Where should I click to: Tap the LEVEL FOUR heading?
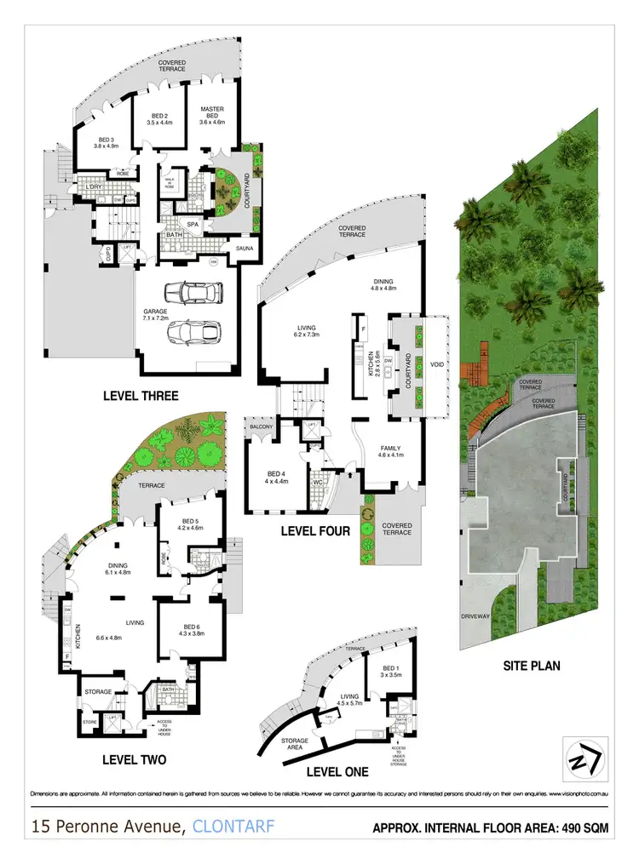point(314,531)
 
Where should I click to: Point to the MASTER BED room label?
point(211,114)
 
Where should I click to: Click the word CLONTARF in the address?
point(234,826)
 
